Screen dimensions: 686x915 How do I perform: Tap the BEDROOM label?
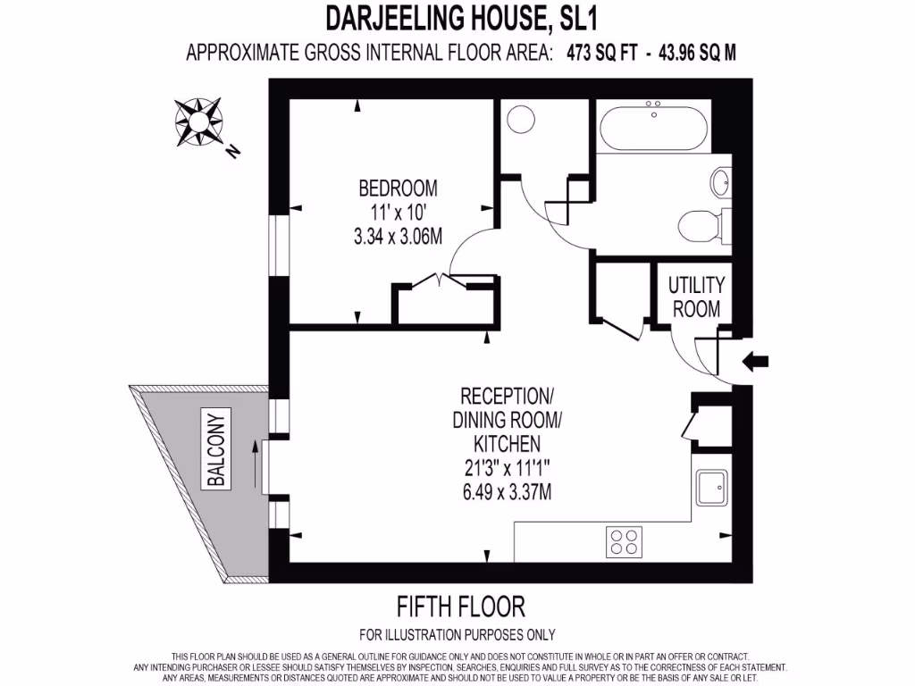click(398, 188)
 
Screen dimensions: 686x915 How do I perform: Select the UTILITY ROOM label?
click(696, 297)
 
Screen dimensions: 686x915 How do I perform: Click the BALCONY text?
click(215, 451)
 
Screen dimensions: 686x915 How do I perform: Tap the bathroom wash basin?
click(721, 183)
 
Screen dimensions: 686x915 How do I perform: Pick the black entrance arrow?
click(756, 362)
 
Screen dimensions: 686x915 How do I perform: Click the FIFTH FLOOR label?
click(460, 607)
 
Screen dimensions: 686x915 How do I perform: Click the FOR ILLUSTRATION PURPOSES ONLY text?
click(457, 636)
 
